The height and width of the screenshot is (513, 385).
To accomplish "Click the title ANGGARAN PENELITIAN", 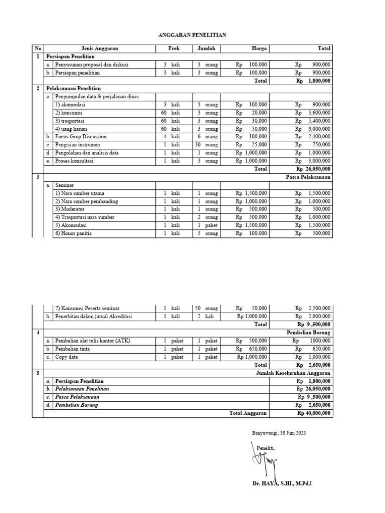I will coord(192,35).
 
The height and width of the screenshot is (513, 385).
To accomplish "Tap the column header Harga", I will coord(259,49).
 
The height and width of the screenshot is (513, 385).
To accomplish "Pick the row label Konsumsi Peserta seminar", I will coord(88,308).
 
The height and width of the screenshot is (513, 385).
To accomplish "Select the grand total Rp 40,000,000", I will coord(313,413).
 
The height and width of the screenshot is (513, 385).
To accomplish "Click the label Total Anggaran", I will coord(248,413).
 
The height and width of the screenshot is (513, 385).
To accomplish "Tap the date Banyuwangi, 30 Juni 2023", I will coord(278,433).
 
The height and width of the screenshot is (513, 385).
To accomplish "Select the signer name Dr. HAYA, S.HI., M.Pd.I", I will coord(285,483).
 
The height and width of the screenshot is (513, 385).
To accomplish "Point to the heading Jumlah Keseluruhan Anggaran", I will coord(293,373).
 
